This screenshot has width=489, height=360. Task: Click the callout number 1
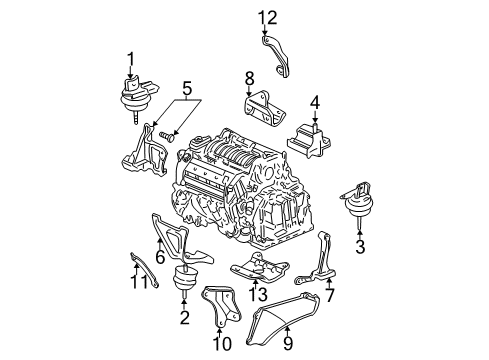129,57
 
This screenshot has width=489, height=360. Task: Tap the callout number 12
264,16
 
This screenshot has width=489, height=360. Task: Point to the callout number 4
314,101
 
